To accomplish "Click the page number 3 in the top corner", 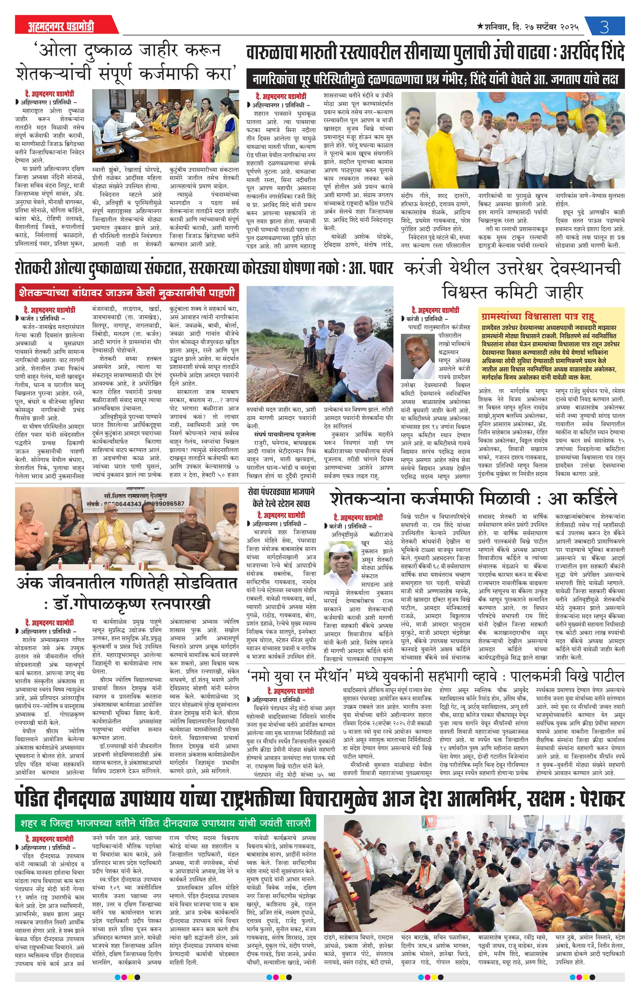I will pyautogui.click(x=604, y=27).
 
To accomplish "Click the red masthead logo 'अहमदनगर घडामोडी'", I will pyautogui.click(x=61, y=27).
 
